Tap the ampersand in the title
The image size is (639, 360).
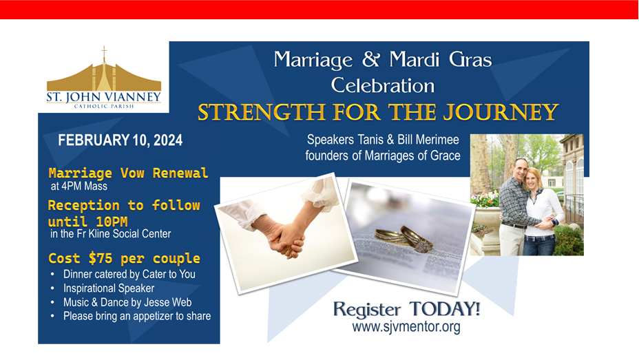(371, 59)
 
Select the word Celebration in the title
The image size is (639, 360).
(383, 85)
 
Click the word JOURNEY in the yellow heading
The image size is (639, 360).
(501, 112)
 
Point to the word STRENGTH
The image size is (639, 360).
(261, 112)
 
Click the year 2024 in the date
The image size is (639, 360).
(168, 140)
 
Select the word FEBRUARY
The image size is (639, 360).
(94, 140)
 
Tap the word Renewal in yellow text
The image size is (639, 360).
(180, 173)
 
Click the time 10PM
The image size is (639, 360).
(112, 222)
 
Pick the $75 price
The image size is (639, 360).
(101, 258)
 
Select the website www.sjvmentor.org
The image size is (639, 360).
(406, 327)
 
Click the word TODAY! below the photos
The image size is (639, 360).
(445, 309)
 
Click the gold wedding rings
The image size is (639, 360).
(404, 239)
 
